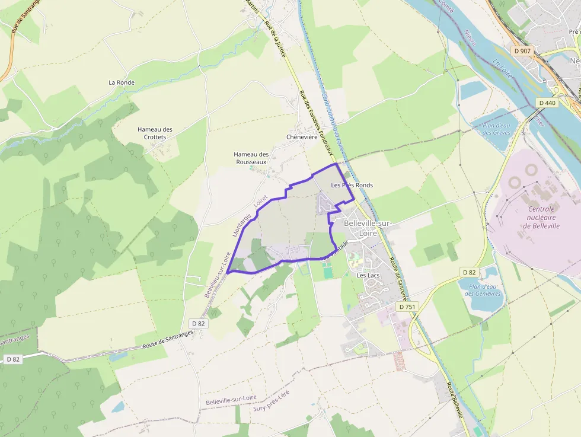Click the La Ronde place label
[x=122, y=82]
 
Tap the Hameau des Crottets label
[x=155, y=133]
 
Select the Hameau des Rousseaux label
[x=251, y=158]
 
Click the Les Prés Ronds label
[x=352, y=185]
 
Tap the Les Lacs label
[x=368, y=276]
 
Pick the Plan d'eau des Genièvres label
[x=483, y=290]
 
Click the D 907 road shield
[x=523, y=51]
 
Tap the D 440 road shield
[x=547, y=103]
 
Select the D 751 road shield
[x=407, y=307]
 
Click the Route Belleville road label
[x=455, y=399]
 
